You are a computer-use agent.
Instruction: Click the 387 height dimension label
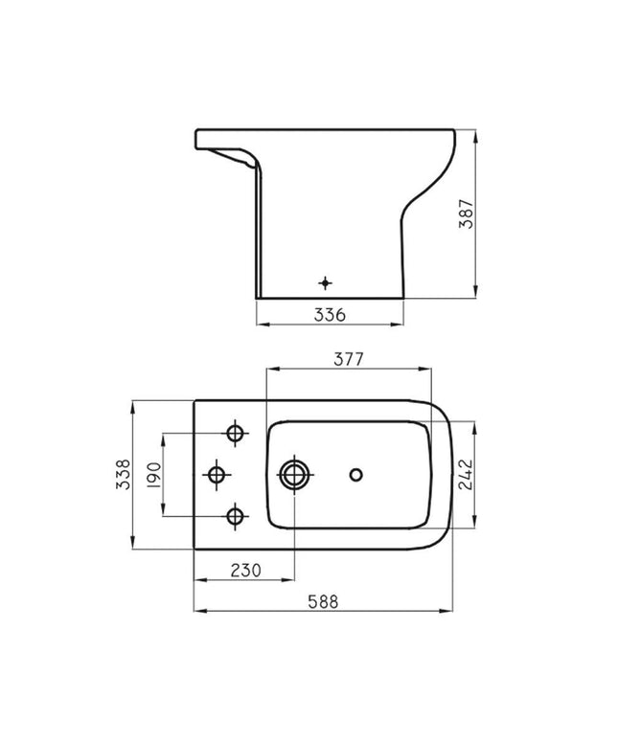pyautogui.click(x=465, y=213)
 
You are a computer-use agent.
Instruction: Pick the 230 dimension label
pyautogui.click(x=245, y=570)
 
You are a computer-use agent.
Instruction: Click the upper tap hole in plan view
pyautogui.click(x=236, y=434)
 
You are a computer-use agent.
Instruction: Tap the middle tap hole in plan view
pyautogui.click(x=217, y=474)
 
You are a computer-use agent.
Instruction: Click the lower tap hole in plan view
pyautogui.click(x=236, y=516)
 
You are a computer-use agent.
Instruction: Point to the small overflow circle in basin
pyautogui.click(x=357, y=474)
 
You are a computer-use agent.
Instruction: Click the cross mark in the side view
pyautogui.click(x=325, y=282)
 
